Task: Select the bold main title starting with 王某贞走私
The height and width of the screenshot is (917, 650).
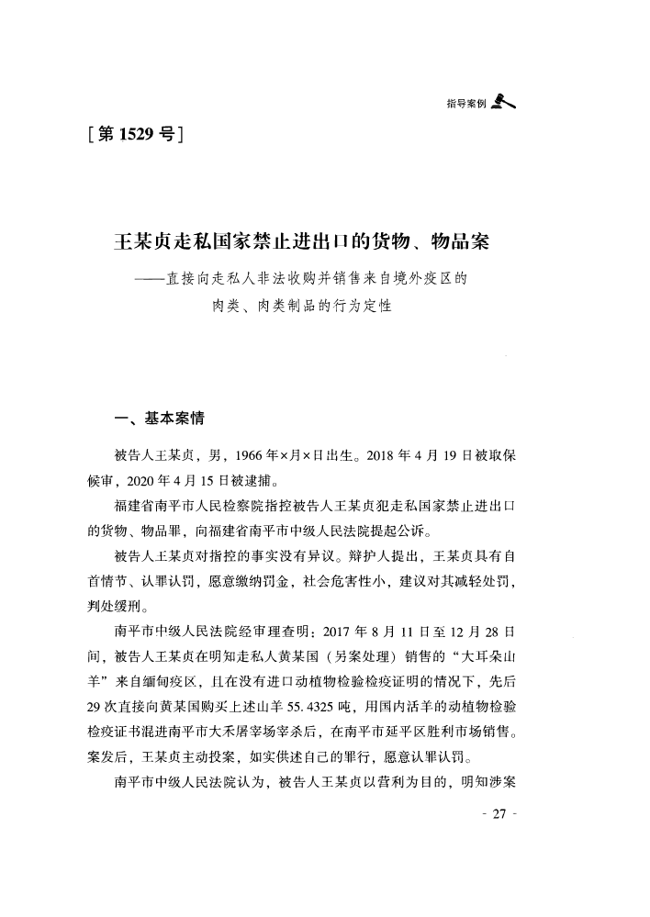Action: [300, 243]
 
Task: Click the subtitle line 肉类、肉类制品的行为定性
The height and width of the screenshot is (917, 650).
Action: [301, 305]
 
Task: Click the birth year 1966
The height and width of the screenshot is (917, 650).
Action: [251, 456]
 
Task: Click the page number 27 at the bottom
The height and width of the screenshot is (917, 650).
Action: [499, 816]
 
